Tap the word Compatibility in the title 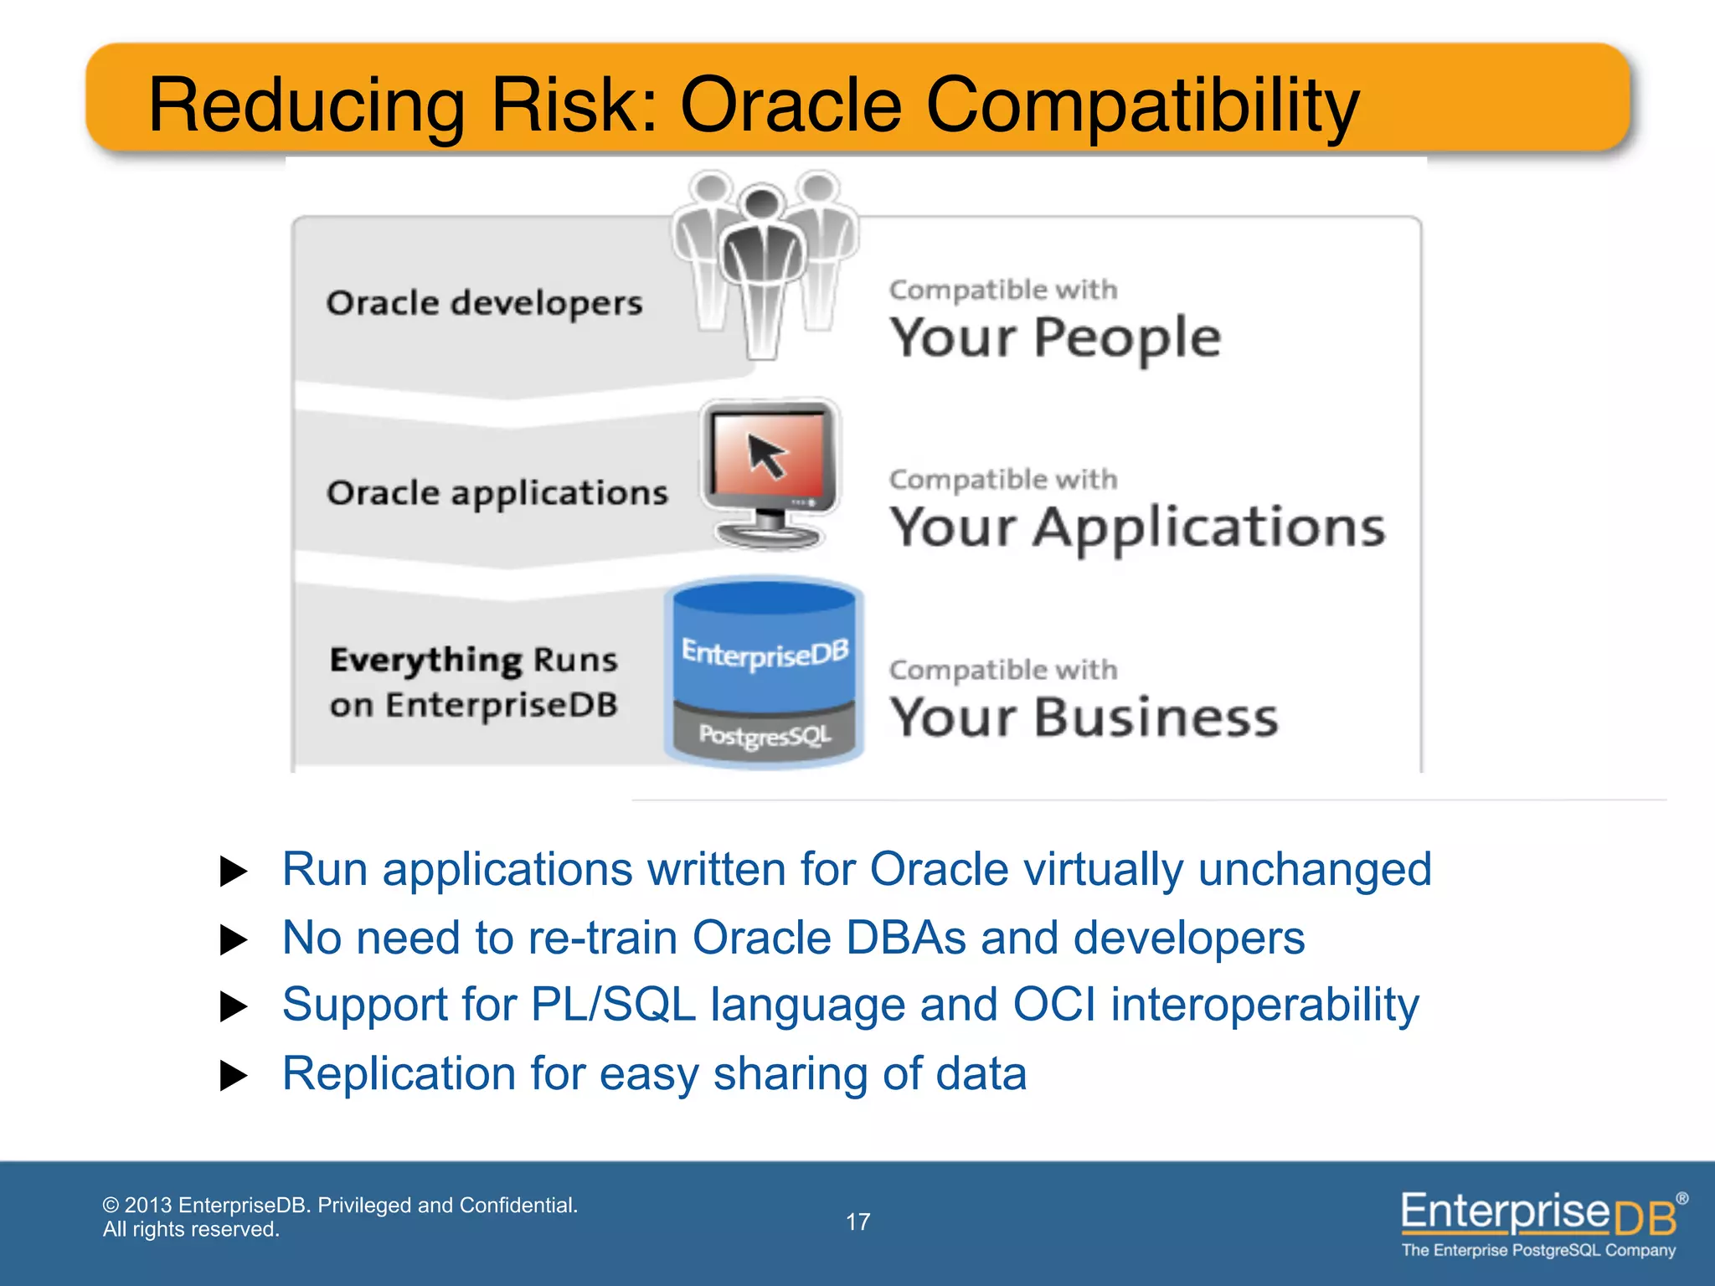click(1142, 106)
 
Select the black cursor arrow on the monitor click(766, 455)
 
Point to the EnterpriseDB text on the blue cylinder click(765, 652)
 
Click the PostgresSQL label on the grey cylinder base click(765, 735)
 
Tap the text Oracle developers click(484, 303)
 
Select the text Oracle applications click(497, 493)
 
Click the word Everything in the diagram click(425, 660)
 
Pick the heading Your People click(1055, 337)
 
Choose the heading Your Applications click(1137, 527)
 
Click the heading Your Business click(1084, 718)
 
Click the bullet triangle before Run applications click(233, 872)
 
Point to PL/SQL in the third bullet click(613, 1005)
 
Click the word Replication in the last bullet click(399, 1073)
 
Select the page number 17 click(857, 1222)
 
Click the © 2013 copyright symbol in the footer click(111, 1206)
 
